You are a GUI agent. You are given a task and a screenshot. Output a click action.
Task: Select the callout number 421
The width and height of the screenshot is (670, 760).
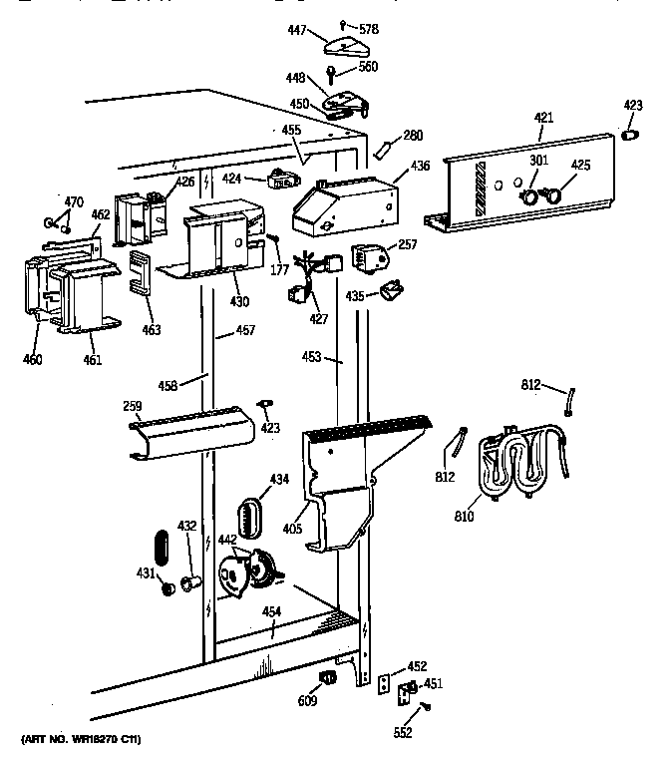click(x=543, y=119)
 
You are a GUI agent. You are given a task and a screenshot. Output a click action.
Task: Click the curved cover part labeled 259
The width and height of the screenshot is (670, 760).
click(x=188, y=432)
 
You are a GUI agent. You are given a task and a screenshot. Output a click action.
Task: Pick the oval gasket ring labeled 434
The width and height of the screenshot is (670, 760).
click(x=250, y=520)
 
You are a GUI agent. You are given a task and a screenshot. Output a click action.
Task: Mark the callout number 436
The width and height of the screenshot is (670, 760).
click(x=420, y=168)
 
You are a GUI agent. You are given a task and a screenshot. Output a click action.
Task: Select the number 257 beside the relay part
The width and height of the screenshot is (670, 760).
click(x=406, y=243)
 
